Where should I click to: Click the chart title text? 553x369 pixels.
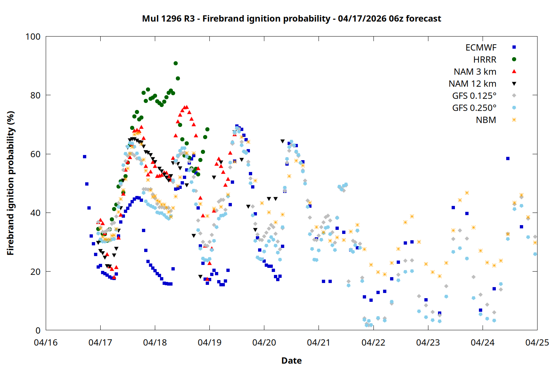tap(291, 18)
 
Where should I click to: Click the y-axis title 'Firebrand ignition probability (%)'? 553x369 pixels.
tap(11, 183)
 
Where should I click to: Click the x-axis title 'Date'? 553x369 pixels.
tap(291, 361)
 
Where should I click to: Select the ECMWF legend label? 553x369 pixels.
tap(481, 48)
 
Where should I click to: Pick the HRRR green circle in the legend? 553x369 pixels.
tap(514, 59)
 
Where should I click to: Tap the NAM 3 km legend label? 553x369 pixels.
tap(475, 72)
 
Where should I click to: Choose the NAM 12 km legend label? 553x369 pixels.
tap(472, 84)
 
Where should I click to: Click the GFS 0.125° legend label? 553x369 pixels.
tap(474, 96)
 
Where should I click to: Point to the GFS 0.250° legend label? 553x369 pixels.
tap(474, 108)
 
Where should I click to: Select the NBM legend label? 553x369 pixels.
tap(486, 120)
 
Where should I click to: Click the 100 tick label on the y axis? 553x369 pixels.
tap(33, 37)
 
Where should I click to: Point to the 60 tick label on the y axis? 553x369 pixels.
tap(35, 154)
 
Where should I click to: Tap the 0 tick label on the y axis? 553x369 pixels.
tap(38, 330)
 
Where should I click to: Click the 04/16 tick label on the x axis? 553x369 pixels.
tap(46, 342)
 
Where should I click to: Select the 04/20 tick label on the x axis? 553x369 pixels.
tap(264, 342)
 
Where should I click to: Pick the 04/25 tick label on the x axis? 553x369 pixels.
tap(537, 342)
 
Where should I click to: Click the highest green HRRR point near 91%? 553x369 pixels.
tap(175, 63)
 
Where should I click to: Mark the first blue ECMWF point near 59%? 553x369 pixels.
tap(84, 156)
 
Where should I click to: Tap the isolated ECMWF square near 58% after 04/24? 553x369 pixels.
tap(508, 159)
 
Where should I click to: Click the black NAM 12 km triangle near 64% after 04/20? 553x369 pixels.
tap(282, 141)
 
